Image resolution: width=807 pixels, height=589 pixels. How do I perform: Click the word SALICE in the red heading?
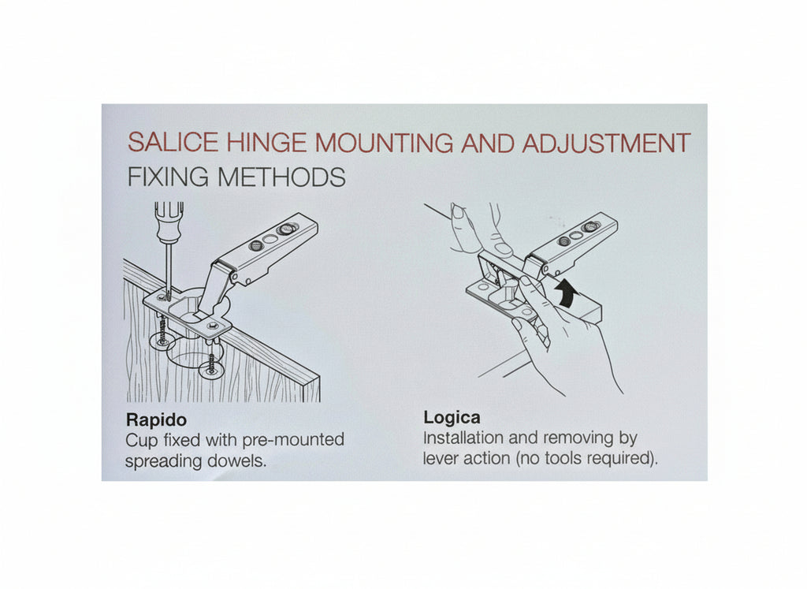(x=173, y=142)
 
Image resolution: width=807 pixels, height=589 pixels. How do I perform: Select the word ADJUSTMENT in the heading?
(x=606, y=143)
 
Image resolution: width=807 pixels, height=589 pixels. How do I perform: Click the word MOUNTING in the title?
(x=384, y=143)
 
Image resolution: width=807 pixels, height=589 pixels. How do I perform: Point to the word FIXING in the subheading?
(x=168, y=177)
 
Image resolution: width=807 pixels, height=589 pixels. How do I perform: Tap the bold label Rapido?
(x=156, y=420)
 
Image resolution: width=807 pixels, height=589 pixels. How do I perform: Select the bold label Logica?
(x=452, y=417)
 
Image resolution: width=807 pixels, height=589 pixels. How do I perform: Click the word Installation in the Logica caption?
(x=463, y=438)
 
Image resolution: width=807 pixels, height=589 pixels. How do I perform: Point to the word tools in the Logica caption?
(x=564, y=458)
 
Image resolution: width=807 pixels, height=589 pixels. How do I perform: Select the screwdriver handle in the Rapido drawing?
(x=169, y=222)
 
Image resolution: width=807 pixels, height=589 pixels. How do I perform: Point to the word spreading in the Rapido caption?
(x=164, y=461)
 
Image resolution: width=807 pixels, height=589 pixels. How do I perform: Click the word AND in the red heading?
(x=488, y=143)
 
